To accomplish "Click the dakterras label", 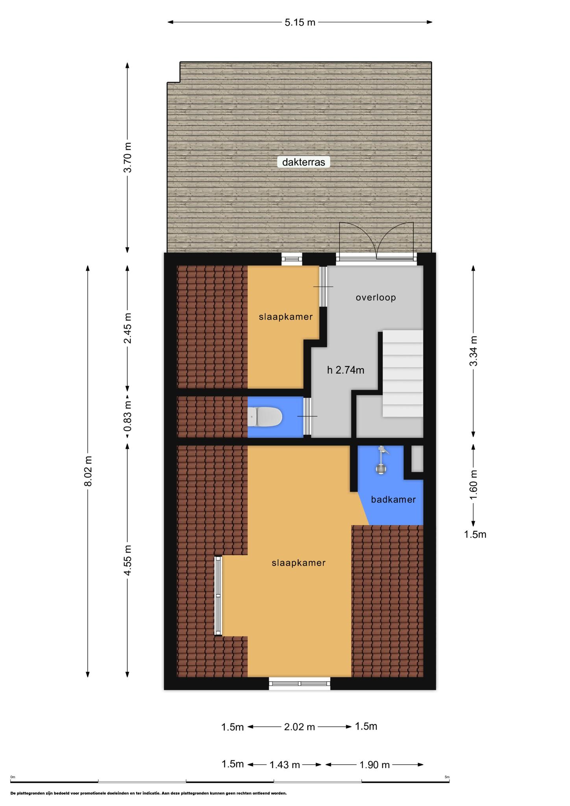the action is point(304,162).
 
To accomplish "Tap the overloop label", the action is point(376,298).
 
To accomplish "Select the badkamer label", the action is point(393,500).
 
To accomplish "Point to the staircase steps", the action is point(402,373).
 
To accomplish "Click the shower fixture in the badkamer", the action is point(381,460).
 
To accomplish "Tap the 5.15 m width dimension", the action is point(300,22).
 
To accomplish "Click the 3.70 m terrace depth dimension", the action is point(128,157).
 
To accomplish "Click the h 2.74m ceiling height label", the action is point(346,370).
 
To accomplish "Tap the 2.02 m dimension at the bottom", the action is point(300,727).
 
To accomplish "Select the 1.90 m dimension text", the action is point(374,765).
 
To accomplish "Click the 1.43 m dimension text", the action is point(285,765).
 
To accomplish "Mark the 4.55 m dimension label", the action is point(128,560).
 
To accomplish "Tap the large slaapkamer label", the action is point(299,563).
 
